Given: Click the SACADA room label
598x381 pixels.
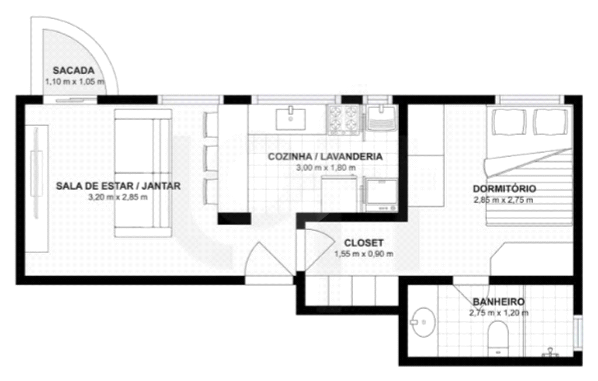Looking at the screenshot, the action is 73,70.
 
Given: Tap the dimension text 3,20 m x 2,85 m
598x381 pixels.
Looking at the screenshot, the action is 118,198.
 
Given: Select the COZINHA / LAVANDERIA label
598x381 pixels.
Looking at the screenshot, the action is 325,157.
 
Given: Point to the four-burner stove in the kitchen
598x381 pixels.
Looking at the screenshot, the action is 343,120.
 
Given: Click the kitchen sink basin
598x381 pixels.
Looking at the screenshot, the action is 291,119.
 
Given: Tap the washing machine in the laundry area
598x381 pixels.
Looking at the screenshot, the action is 381,194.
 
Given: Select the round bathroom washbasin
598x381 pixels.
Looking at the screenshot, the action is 424,322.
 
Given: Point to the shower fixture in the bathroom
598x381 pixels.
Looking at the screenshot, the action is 550,352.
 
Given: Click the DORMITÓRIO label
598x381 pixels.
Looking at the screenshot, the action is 504,189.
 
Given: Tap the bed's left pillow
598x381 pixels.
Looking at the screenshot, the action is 509,122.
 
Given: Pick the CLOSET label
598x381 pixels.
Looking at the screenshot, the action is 363,243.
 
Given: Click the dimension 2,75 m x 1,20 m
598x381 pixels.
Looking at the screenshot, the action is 499,313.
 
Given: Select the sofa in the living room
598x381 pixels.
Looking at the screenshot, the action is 143,173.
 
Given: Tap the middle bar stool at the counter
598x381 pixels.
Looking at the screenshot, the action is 210,158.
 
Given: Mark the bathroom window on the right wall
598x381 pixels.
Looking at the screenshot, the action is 579,331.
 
